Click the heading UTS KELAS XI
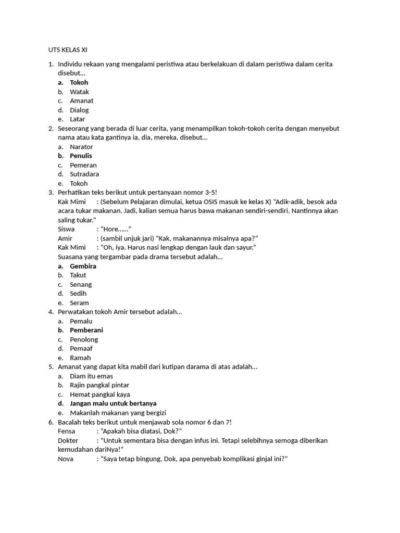65,50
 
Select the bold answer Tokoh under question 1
79,82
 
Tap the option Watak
79,92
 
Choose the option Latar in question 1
77,119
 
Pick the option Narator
81,147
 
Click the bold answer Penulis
81,156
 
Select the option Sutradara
84,174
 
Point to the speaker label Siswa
66,229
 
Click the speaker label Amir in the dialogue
65,238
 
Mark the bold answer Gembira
83,266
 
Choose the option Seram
79,303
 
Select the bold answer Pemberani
86,330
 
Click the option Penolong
84,339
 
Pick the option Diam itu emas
91,376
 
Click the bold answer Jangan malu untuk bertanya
113,403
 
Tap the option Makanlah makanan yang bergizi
118,413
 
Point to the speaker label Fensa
67,431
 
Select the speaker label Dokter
68,440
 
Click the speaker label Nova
66,459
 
